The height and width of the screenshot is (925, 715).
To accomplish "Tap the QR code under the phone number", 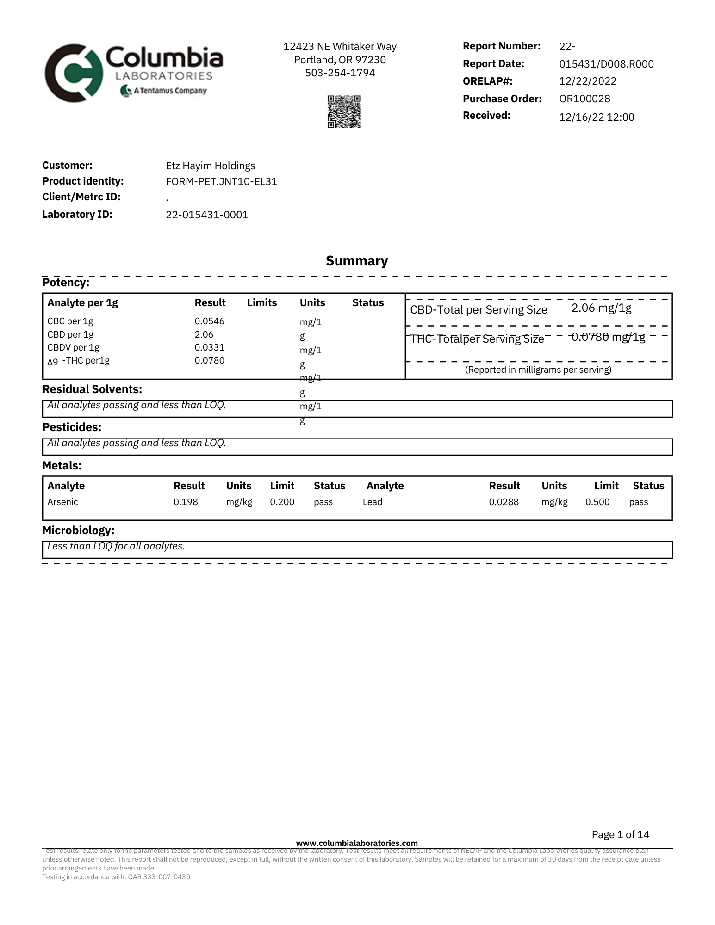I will pyautogui.click(x=344, y=112).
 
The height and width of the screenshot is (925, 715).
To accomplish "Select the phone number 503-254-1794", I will pyautogui.click(x=340, y=73).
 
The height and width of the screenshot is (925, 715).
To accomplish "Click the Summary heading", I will pyautogui.click(x=357, y=261).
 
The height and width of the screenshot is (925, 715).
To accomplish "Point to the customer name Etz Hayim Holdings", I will pyautogui.click(x=210, y=166).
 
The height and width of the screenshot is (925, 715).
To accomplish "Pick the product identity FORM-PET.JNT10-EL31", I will pyautogui.click(x=221, y=181).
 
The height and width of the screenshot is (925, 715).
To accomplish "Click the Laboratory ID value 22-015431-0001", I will pyautogui.click(x=207, y=215).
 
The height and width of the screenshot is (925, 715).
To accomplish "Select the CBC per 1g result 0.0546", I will pyautogui.click(x=209, y=321).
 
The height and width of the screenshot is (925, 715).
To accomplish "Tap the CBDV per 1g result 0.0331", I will pyautogui.click(x=209, y=347).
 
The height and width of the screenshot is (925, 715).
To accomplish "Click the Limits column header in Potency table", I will pyautogui.click(x=261, y=303).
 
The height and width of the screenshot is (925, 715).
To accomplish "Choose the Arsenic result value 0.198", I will pyautogui.click(x=186, y=502).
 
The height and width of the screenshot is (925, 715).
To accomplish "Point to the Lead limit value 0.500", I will pyautogui.click(x=597, y=502).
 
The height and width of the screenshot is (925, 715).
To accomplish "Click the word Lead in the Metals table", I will pyautogui.click(x=373, y=502).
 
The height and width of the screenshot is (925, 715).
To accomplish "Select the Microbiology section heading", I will pyautogui.click(x=78, y=530).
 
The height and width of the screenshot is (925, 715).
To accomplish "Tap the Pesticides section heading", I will pyautogui.click(x=72, y=427).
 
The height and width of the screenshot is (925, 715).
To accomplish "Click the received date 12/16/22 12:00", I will pyautogui.click(x=597, y=117).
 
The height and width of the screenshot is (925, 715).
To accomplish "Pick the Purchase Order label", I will pyautogui.click(x=502, y=99).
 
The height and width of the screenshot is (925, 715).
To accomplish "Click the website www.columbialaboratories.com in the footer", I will pyautogui.click(x=357, y=843).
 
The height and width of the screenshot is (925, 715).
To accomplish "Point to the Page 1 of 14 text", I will pyautogui.click(x=620, y=834).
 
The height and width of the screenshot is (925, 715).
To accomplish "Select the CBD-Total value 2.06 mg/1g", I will pyautogui.click(x=601, y=308).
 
